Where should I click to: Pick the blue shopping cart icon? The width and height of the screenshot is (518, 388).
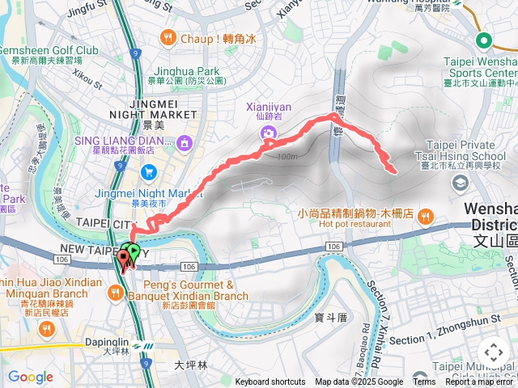click(148, 171)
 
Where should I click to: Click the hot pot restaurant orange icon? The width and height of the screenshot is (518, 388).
click(426, 216)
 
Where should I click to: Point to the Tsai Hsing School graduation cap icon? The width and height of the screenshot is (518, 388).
click(460, 184)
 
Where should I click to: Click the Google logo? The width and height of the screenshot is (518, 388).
click(30, 377)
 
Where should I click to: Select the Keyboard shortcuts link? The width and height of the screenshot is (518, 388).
click(270, 382)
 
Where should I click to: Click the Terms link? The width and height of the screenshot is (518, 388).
click(424, 382)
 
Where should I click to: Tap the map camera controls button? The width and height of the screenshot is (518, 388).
click(493, 352)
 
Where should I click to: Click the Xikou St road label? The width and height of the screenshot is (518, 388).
click(87, 78)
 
